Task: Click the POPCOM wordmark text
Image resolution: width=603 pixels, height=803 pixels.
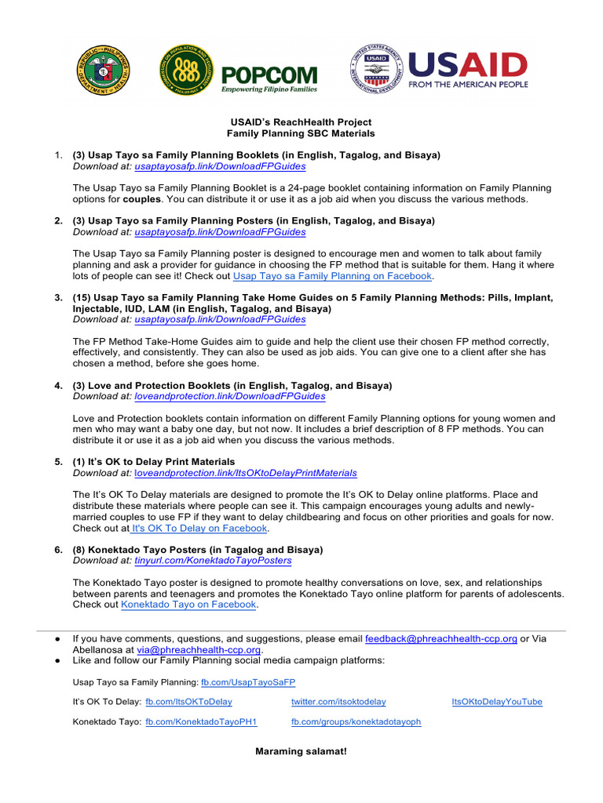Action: [269, 75]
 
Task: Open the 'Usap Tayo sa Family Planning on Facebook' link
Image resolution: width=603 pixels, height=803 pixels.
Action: [332, 276]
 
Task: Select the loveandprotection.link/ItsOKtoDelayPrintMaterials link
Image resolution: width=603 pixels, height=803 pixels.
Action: [246, 473]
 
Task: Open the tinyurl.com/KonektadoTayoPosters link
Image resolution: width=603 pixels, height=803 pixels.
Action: [213, 561]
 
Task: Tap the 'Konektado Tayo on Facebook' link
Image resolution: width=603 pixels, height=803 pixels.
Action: [188, 605]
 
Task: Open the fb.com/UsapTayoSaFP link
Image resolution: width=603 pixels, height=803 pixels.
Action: [248, 682]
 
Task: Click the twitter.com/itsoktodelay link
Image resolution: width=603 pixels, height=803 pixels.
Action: [338, 702]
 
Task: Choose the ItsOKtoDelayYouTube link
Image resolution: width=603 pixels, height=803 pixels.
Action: [496, 702]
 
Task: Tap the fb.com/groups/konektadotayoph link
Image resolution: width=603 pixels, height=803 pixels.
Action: [356, 721]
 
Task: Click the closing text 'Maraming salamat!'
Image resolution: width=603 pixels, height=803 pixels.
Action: [301, 751]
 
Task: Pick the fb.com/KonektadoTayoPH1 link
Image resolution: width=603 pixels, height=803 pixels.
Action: [201, 721]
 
